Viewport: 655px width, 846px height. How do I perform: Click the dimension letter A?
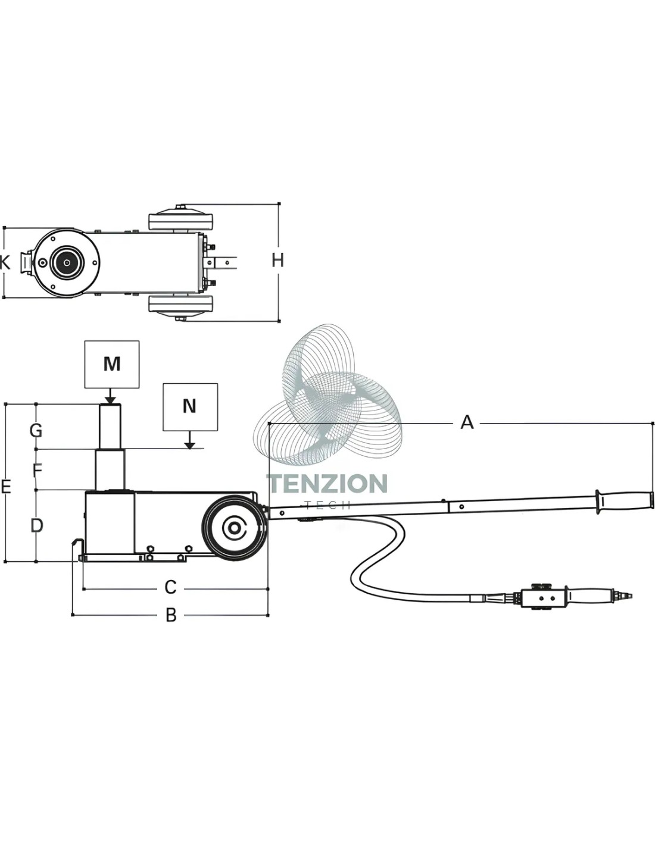pos(467,422)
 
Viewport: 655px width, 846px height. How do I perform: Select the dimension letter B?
pos(171,616)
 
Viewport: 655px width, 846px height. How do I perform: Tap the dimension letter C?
pos(171,587)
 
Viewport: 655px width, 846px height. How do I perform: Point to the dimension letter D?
pos(37,525)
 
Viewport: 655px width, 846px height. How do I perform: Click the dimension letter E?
pos(5,487)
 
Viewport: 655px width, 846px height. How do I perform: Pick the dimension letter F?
pos(37,471)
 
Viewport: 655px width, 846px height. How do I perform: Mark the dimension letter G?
pos(36,431)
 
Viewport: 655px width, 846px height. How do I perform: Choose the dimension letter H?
pos(277,260)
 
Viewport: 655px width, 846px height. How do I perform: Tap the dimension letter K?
pos(5,262)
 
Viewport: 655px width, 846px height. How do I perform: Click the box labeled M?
pos(112,364)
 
